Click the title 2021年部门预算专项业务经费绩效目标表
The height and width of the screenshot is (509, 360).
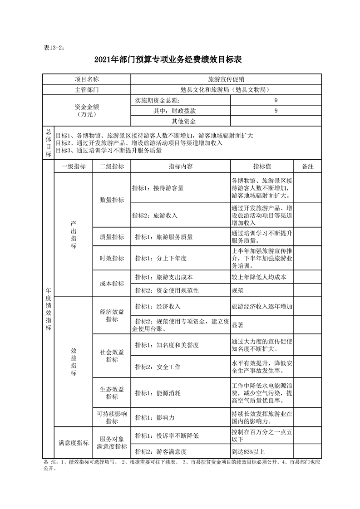[180, 59]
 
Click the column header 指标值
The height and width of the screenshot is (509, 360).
[262, 166]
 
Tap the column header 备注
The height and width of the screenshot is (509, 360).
[308, 166]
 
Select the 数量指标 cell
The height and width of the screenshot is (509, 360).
[112, 200]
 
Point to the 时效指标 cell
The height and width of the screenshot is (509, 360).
[112, 258]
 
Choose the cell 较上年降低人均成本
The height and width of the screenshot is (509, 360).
[259, 277]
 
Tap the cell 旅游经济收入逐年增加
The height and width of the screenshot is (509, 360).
[262, 307]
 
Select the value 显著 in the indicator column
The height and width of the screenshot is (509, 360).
[238, 325]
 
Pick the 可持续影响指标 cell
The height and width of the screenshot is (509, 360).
[112, 417]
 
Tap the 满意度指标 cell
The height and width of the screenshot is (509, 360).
[74, 443]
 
